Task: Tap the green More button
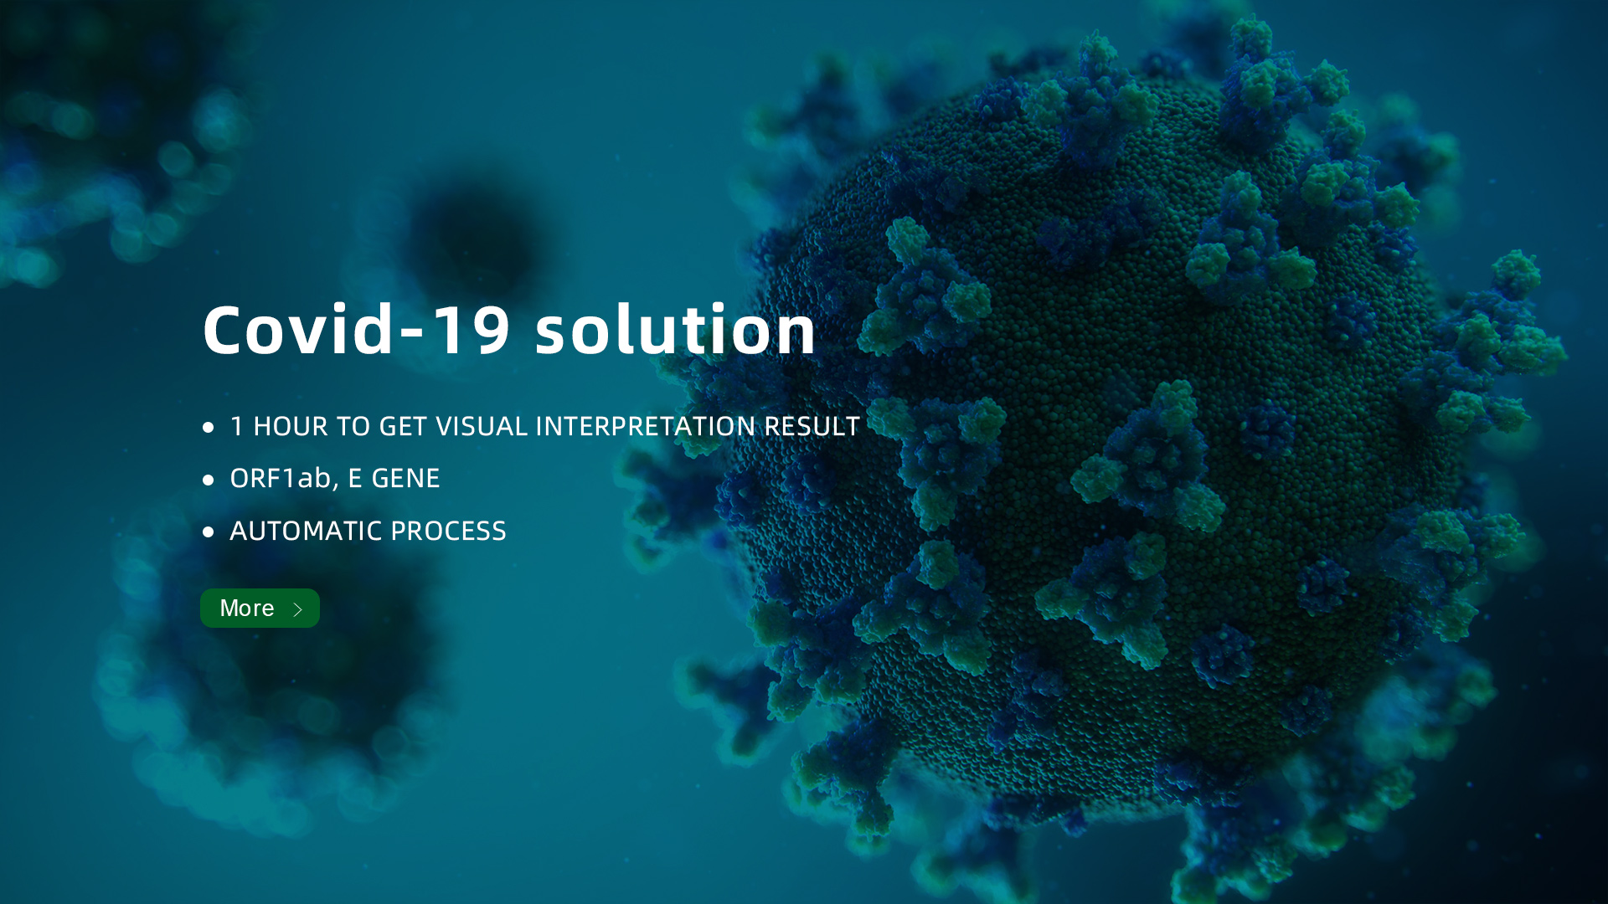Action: coord(260,608)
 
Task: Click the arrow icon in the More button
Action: coord(297,609)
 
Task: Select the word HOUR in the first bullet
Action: coord(290,426)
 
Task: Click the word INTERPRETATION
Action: coord(645,426)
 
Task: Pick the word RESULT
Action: coord(812,426)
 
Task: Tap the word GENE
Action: coord(405,478)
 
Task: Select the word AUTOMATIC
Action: coord(307,531)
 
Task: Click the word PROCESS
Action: coord(448,531)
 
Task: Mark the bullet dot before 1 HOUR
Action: coord(208,428)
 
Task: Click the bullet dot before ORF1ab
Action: coord(208,480)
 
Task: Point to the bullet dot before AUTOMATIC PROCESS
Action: coord(208,532)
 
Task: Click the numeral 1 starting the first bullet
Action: coord(237,426)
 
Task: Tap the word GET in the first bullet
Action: coord(404,426)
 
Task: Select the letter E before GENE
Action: coord(354,478)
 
